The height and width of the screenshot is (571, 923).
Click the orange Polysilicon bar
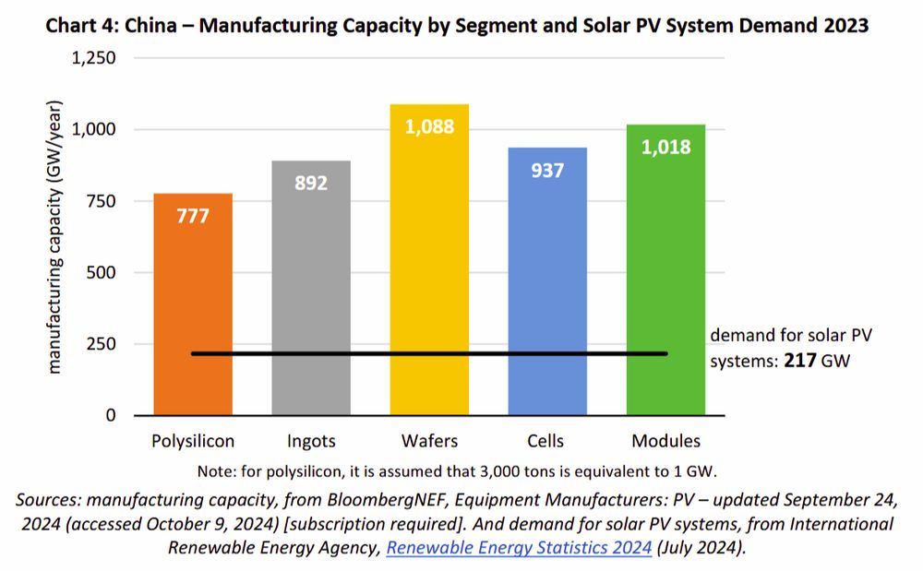194,295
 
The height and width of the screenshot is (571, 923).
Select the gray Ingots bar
311,277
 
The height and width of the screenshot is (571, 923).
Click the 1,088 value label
429,126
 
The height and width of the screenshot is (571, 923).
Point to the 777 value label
194,217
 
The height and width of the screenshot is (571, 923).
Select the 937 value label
547,171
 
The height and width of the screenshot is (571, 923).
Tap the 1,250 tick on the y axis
93,58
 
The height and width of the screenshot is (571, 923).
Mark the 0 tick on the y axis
111,415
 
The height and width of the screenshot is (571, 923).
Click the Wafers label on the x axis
429,441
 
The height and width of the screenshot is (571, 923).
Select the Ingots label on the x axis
311,441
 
